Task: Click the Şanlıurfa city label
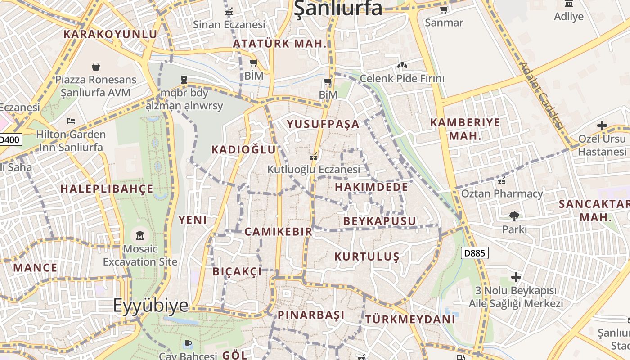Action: [338, 8]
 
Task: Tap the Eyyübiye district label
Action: [150, 305]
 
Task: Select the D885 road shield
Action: [474, 253]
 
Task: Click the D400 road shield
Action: [9, 139]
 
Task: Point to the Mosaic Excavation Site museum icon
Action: [140, 235]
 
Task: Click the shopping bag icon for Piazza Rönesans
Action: [96, 67]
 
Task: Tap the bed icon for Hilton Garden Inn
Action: [71, 121]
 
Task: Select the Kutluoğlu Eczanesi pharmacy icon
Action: [314, 157]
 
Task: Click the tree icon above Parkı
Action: [514, 216]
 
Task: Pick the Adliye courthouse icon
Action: [569, 4]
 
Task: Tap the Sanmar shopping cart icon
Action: [444, 9]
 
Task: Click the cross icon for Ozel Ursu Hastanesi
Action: [602, 125]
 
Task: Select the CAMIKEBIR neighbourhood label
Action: [278, 232]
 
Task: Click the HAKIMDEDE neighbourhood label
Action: [372, 187]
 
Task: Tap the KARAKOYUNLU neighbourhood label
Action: [110, 34]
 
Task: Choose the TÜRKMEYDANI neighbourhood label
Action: [410, 319]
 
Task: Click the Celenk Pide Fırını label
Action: [402, 79]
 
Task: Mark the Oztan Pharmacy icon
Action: [502, 181]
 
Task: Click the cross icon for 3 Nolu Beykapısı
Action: [516, 277]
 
